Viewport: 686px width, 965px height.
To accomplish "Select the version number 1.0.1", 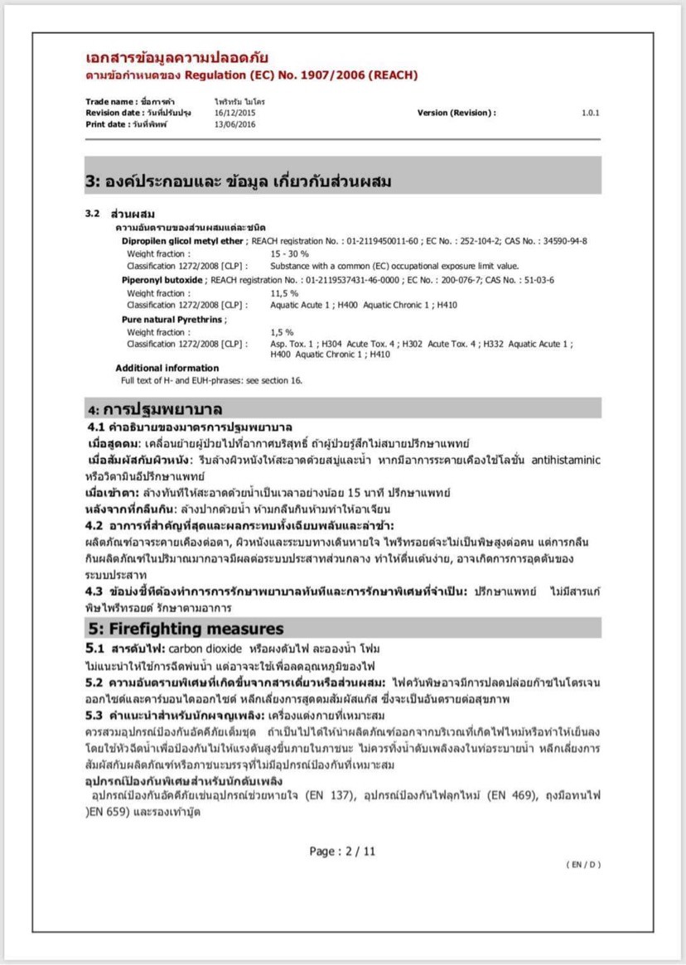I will [x=590, y=113].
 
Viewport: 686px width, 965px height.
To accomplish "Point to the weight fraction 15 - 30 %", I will [x=290, y=253].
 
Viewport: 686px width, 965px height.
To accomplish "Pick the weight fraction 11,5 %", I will [x=284, y=293].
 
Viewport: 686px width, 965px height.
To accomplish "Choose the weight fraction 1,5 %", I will [x=282, y=332].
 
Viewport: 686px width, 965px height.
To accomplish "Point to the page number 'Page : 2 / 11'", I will [x=342, y=851].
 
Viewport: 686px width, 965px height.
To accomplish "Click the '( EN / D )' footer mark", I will [x=583, y=865].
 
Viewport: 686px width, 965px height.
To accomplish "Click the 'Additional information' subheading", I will [x=167, y=368].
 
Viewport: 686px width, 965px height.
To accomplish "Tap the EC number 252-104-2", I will [x=456, y=240].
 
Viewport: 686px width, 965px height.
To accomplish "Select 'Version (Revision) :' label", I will [x=457, y=113].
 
